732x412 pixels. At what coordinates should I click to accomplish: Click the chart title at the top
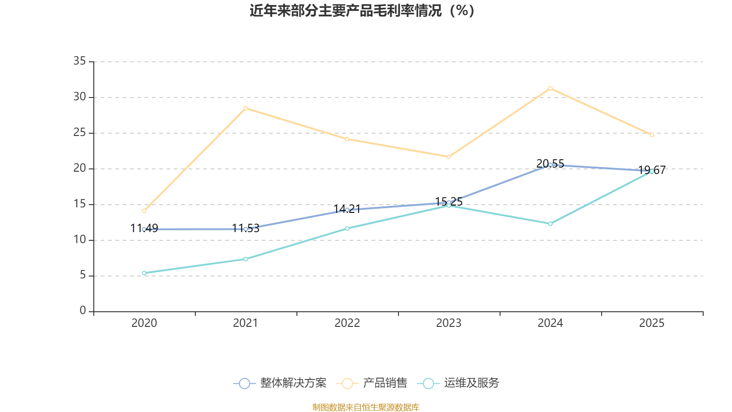(x=362, y=11)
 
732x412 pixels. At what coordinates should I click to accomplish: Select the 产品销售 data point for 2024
(x=550, y=88)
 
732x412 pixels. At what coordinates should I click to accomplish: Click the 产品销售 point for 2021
(x=246, y=108)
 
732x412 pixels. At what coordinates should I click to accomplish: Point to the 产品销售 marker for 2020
(x=144, y=211)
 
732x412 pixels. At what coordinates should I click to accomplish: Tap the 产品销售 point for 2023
(x=449, y=157)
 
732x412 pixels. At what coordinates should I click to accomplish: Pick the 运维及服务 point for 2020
(x=144, y=273)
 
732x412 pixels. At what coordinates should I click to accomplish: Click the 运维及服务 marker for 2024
(x=550, y=224)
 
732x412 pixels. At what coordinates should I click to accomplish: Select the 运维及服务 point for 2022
(x=347, y=228)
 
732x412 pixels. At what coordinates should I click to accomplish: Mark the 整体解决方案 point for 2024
(x=550, y=165)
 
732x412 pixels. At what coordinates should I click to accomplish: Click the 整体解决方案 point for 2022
(x=347, y=210)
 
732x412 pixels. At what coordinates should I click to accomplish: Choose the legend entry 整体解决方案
(x=280, y=383)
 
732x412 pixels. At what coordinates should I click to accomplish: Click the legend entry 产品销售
(x=371, y=383)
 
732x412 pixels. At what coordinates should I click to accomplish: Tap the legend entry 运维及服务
(x=460, y=383)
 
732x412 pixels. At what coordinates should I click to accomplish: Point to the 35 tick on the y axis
(x=80, y=61)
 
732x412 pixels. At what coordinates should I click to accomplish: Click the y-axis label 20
(x=80, y=168)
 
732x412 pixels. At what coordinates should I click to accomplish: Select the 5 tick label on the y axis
(x=82, y=276)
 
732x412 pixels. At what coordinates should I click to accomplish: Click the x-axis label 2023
(x=449, y=323)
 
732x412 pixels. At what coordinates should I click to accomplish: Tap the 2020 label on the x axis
(x=144, y=323)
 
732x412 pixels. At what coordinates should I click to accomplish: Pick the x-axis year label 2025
(x=652, y=323)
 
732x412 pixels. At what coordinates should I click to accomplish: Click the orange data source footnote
(x=366, y=407)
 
